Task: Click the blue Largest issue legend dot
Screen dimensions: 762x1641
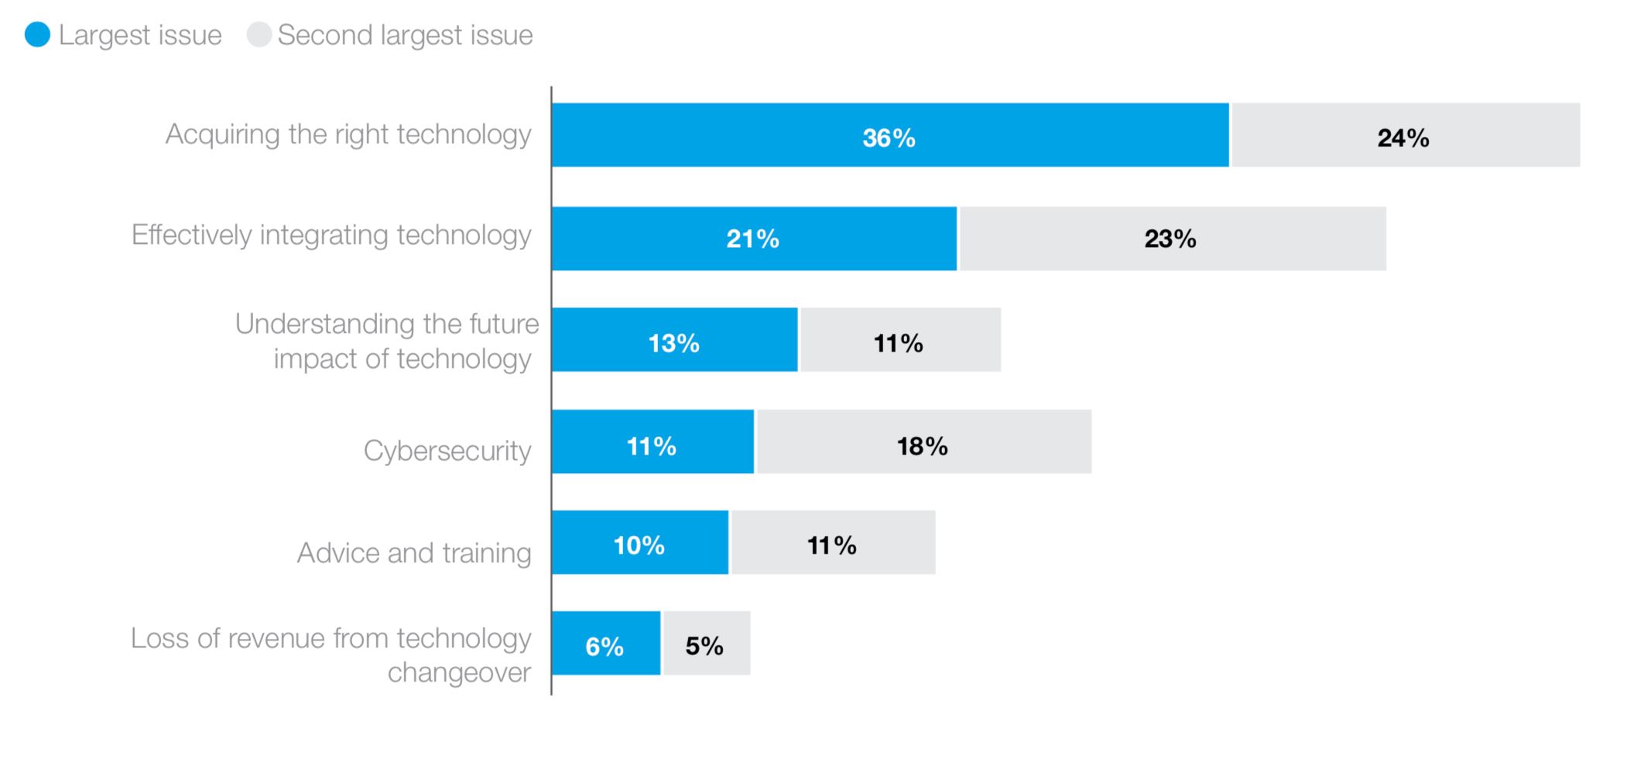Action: tap(37, 35)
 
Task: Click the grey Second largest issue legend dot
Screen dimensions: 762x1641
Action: tap(259, 35)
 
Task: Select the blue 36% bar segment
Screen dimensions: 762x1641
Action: tap(890, 136)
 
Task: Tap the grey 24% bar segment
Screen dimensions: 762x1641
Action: tap(1405, 136)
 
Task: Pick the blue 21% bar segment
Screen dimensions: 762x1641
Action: tap(754, 239)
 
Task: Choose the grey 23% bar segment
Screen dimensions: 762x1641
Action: tap(1172, 239)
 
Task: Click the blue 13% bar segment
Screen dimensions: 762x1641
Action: tap(674, 340)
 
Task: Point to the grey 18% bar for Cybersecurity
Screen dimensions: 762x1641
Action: tap(923, 442)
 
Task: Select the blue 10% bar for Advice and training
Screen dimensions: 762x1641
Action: tap(640, 542)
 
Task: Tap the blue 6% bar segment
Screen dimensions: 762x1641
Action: tap(606, 644)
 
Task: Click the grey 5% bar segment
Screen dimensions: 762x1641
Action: tap(706, 644)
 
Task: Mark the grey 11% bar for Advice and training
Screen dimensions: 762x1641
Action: tap(833, 542)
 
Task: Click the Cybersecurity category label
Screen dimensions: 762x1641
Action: tap(447, 451)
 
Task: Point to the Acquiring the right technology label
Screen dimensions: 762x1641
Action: tap(348, 135)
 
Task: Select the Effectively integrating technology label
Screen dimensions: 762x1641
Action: tap(331, 235)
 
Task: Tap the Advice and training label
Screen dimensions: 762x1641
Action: tap(414, 553)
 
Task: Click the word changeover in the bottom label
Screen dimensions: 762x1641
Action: tap(459, 673)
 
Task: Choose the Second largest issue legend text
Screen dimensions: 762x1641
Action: tap(405, 36)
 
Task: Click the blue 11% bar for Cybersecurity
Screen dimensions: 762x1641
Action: tap(653, 442)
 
